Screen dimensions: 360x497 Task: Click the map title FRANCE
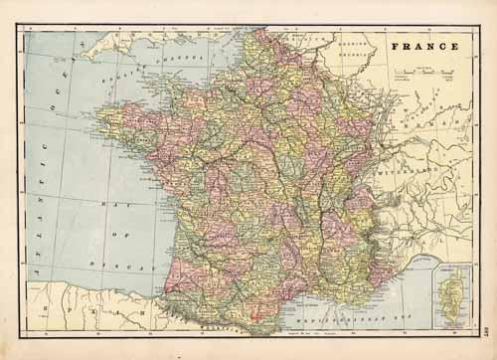(x=424, y=46)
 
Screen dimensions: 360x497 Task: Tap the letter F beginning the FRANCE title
(x=395, y=46)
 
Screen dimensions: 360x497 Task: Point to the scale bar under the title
(x=418, y=73)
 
